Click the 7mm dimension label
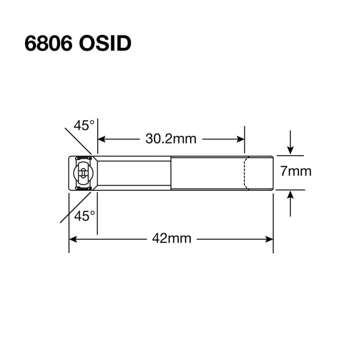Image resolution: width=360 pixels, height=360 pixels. point(296,172)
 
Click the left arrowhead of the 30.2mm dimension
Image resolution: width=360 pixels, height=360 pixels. point(102,139)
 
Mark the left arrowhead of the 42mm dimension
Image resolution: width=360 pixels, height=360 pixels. point(73,239)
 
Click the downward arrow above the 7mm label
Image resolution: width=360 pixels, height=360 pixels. point(291,149)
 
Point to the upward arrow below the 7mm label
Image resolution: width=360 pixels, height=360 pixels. point(291,195)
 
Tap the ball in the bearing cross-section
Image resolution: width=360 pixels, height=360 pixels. point(83,173)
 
